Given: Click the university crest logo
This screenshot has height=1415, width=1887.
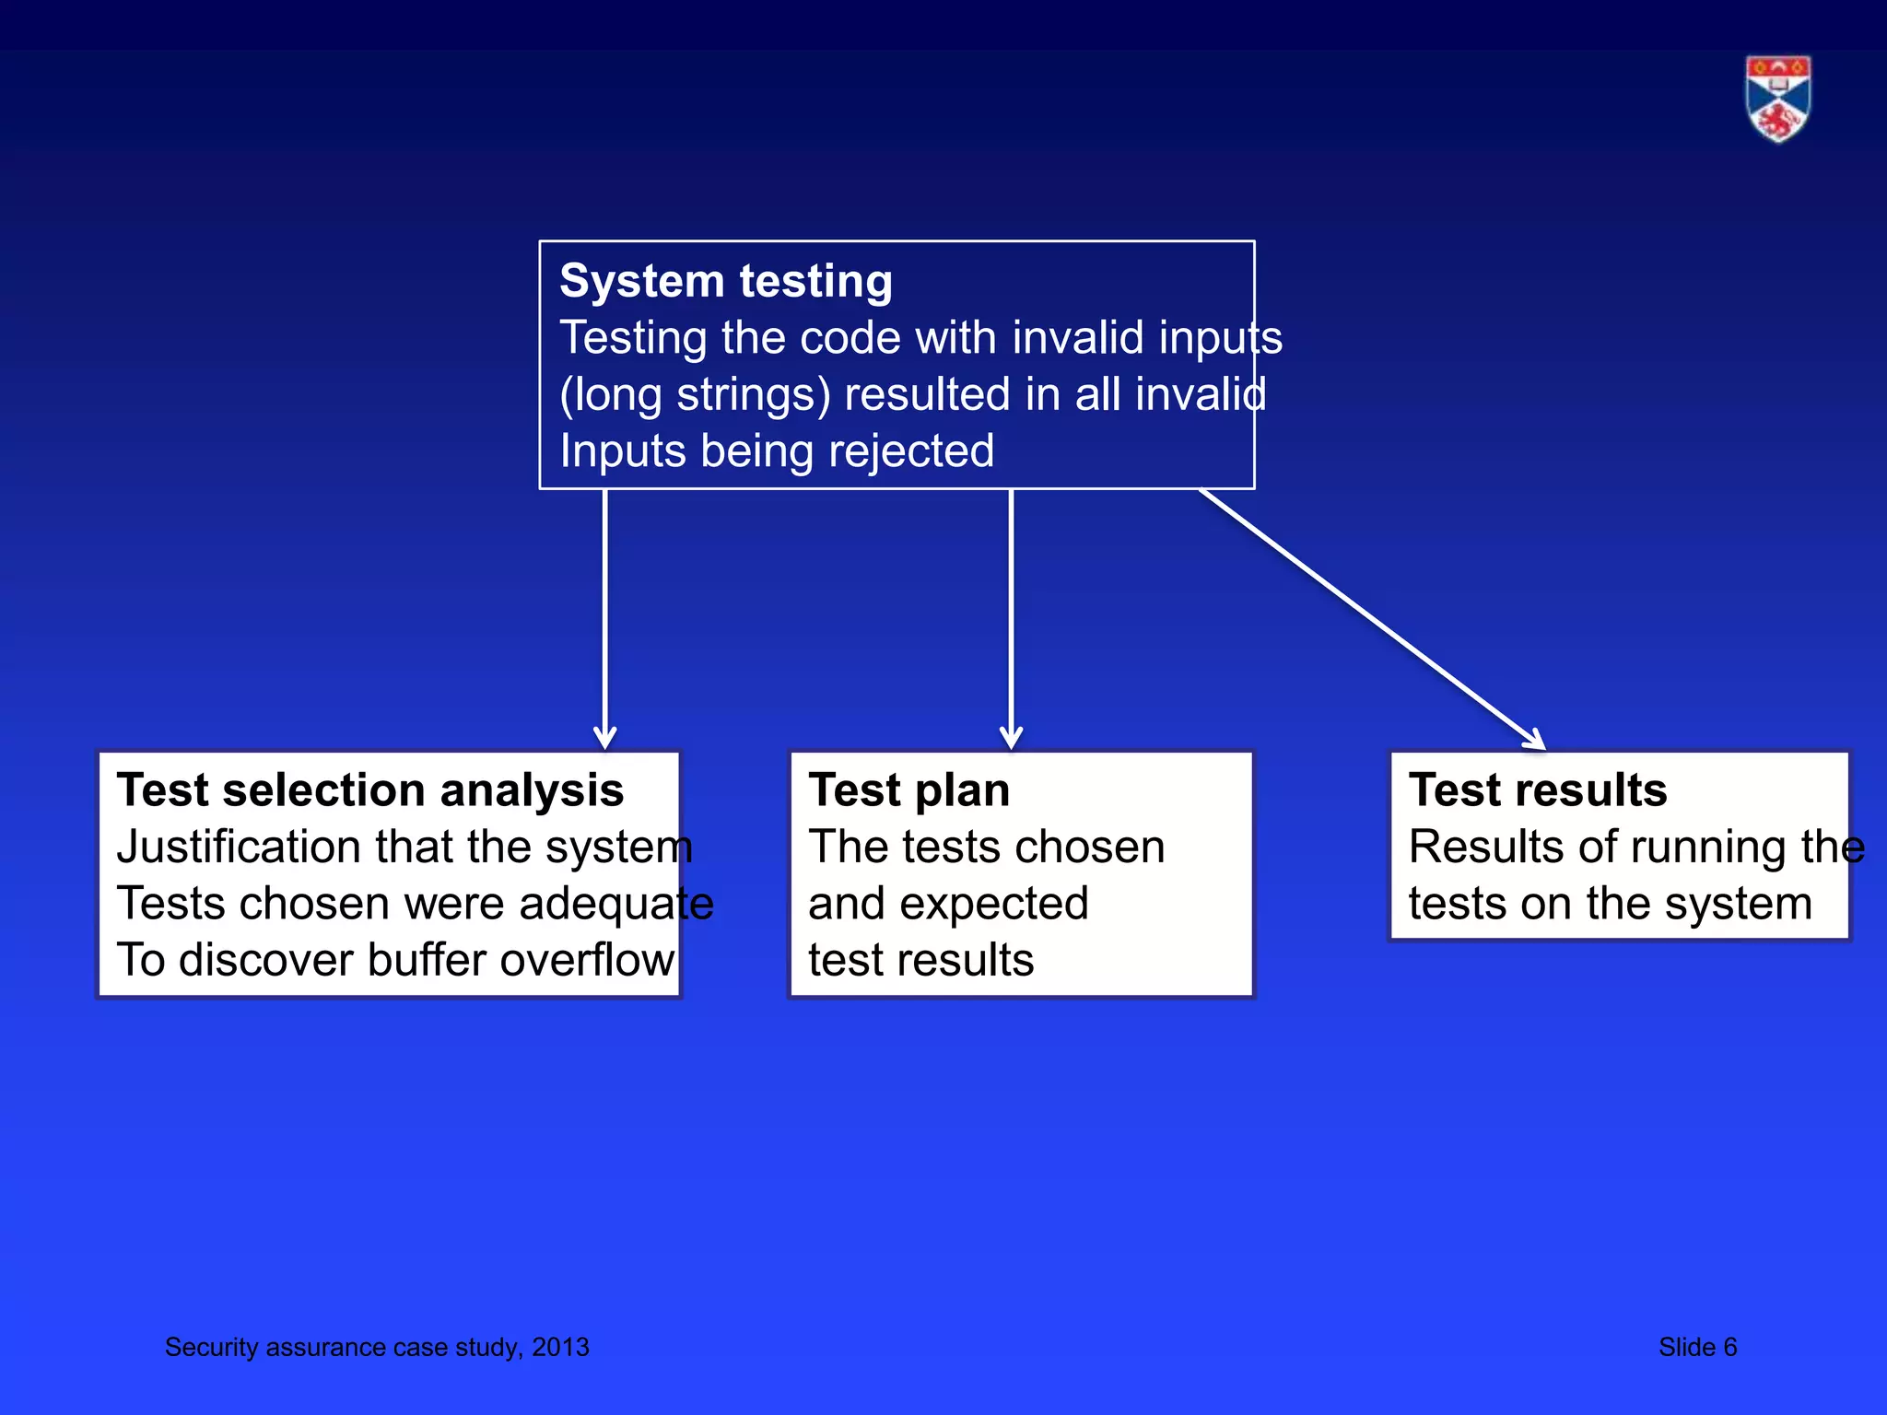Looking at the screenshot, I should [x=1777, y=99].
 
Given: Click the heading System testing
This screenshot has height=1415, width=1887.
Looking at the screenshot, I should [x=726, y=281].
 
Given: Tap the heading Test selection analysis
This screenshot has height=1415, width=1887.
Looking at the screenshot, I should [x=370, y=790].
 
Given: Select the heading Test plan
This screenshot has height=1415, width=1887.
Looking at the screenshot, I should [x=908, y=790].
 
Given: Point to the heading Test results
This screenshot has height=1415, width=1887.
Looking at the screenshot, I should [x=1538, y=790].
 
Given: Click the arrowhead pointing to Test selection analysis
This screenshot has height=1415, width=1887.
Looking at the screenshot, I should [x=604, y=738].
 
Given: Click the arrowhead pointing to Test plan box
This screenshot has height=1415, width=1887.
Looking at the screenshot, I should [x=1011, y=738].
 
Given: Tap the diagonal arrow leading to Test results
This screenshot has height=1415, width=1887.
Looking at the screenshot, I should [x=1373, y=619].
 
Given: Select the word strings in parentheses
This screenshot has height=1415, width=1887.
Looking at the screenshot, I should [x=747, y=395].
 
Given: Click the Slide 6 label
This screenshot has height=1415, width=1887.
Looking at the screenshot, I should [x=1697, y=1347].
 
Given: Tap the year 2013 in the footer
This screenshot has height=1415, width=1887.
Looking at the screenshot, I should [x=560, y=1347].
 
